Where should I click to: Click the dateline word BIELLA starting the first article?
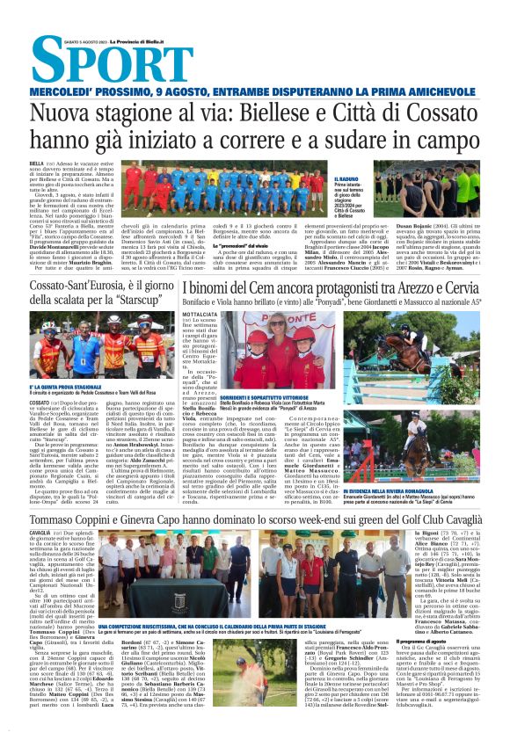[x=36, y=163]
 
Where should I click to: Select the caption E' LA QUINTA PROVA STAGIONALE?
[x=65, y=387]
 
